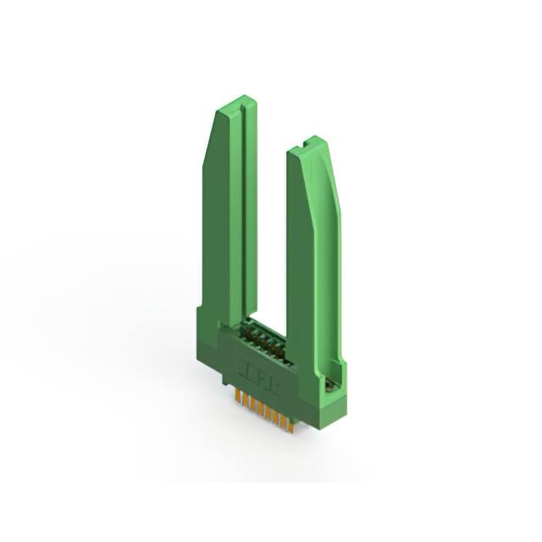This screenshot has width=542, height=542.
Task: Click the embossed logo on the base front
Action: pyautogui.click(x=259, y=373)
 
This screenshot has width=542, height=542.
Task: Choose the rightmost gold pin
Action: pyautogui.click(x=290, y=423)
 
